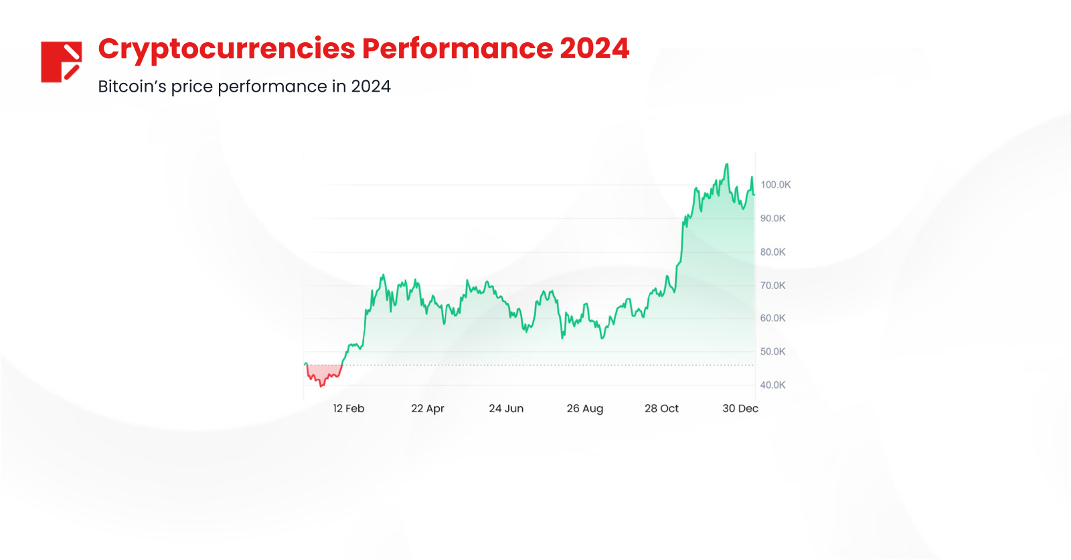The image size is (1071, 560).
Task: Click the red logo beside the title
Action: (x=61, y=62)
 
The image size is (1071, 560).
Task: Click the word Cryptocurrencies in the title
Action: (x=227, y=50)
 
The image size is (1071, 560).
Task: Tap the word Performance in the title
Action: (x=457, y=49)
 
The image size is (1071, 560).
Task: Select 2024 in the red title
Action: (x=594, y=49)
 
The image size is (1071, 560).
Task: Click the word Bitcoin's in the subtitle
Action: (x=132, y=87)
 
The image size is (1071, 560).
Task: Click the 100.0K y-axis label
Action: (x=775, y=185)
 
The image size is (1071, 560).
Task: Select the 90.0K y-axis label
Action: (x=772, y=218)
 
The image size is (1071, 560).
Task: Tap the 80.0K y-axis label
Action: (x=772, y=252)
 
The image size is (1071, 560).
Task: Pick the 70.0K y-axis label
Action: (x=772, y=286)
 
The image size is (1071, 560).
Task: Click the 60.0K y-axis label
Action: (x=772, y=318)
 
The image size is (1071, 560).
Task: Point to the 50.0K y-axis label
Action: (x=772, y=352)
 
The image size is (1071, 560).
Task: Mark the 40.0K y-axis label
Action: (x=772, y=385)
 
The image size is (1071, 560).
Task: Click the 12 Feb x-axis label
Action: (x=349, y=409)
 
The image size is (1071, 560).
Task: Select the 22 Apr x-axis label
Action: (x=428, y=409)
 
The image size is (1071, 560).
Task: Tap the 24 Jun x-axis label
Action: (x=506, y=409)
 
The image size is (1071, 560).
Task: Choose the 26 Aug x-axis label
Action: (x=585, y=409)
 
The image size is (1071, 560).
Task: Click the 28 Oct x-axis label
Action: (x=661, y=409)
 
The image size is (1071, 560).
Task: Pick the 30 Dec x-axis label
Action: (x=740, y=409)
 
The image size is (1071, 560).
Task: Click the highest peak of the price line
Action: (x=727, y=165)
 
